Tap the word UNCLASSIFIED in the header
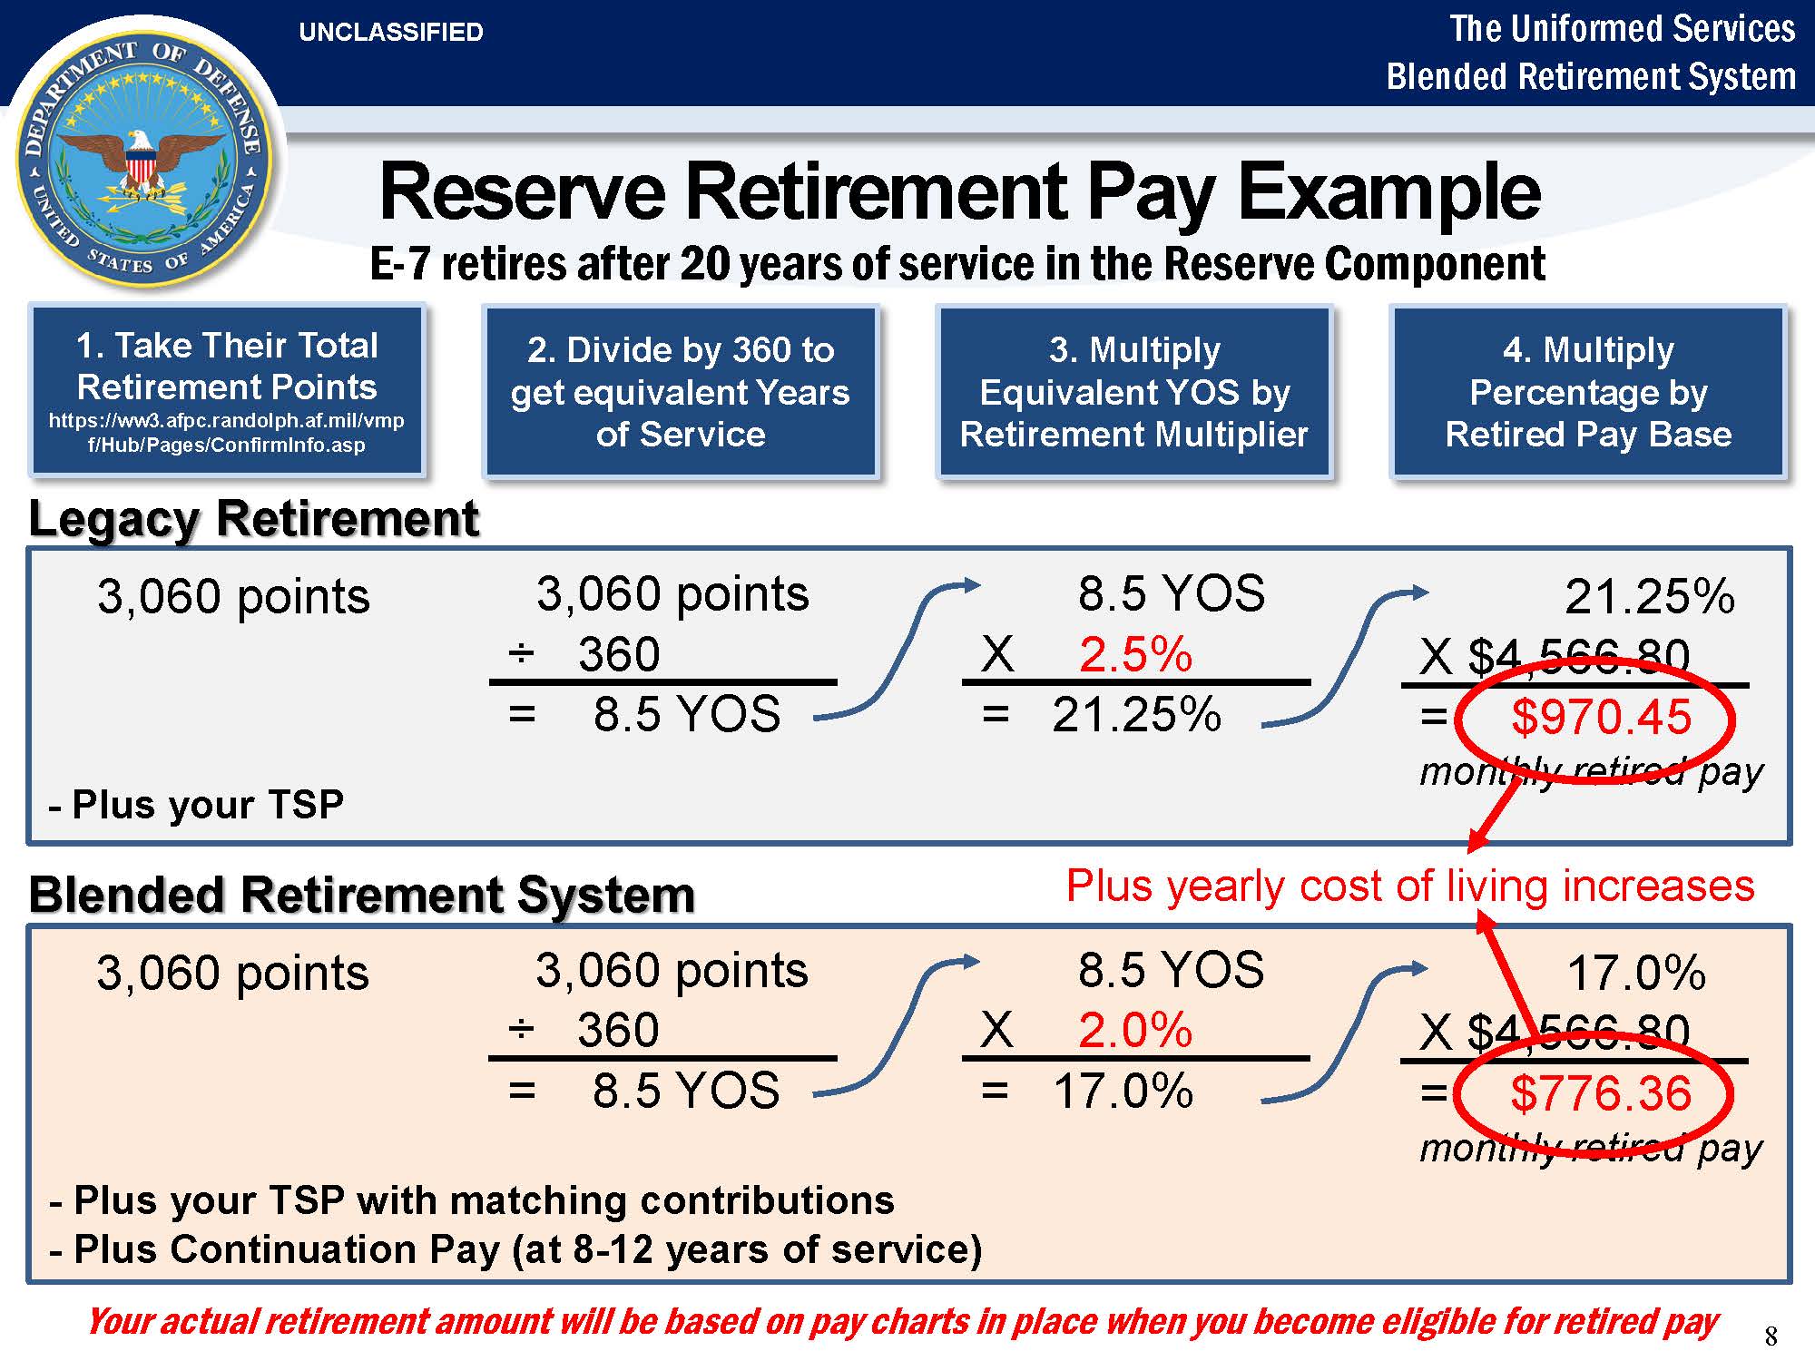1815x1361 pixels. pyautogui.click(x=391, y=33)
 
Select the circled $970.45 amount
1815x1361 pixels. pyautogui.click(x=1601, y=717)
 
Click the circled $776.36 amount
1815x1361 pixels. pyautogui.click(x=1601, y=1093)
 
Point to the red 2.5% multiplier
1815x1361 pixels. pyautogui.click(x=1135, y=654)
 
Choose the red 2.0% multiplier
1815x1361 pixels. pyautogui.click(x=1135, y=1031)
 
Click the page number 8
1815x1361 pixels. pyautogui.click(x=1771, y=1336)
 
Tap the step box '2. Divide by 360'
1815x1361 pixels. pyautogui.click(x=681, y=391)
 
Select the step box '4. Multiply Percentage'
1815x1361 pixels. pyautogui.click(x=1588, y=391)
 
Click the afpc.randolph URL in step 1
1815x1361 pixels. pyautogui.click(x=227, y=433)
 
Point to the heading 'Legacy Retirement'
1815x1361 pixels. pyautogui.click(x=253, y=519)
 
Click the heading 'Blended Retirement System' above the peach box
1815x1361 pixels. pyautogui.click(x=362, y=895)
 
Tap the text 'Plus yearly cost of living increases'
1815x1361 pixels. pyautogui.click(x=1410, y=886)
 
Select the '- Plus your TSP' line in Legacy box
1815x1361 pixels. pyautogui.click(x=196, y=805)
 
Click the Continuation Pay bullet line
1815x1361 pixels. pyautogui.click(x=515, y=1249)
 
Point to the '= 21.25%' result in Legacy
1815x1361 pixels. pyautogui.click(x=1102, y=715)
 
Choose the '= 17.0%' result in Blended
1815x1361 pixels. pyautogui.click(x=1087, y=1092)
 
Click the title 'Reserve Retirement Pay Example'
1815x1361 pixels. pyautogui.click(x=960, y=191)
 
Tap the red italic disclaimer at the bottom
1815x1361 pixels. pyautogui.click(x=903, y=1322)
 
